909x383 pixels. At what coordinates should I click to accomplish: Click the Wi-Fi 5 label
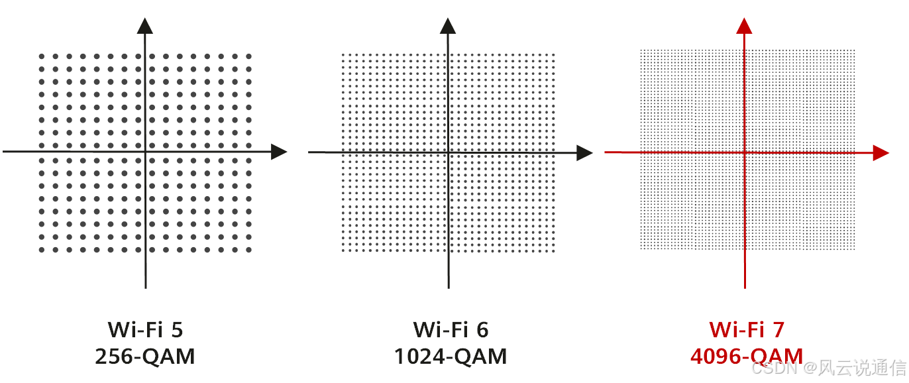(144, 329)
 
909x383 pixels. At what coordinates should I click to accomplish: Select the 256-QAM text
(144, 356)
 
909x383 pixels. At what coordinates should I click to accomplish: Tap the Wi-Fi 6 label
(451, 329)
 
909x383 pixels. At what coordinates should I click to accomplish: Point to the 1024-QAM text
(451, 356)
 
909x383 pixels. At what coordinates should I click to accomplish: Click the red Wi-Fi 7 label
(747, 329)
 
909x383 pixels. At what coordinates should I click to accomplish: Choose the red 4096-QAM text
(747, 356)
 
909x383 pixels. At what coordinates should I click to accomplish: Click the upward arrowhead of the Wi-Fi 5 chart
(145, 26)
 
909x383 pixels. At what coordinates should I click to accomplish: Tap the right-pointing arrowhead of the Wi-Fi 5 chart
(279, 152)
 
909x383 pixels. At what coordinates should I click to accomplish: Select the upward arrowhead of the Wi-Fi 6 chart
(448, 26)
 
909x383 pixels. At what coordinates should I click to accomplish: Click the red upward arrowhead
(745, 26)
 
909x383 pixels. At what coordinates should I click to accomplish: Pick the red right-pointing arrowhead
(881, 152)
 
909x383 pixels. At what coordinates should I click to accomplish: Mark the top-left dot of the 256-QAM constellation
(42, 56)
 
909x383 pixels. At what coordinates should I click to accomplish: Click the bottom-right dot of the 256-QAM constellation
(249, 250)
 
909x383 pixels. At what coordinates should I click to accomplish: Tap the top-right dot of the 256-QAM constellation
(249, 56)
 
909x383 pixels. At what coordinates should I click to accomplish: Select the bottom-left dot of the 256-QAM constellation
(42, 250)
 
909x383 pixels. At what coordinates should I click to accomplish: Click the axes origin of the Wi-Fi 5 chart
(145, 152)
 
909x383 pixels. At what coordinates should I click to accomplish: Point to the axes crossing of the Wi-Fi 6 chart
(448, 152)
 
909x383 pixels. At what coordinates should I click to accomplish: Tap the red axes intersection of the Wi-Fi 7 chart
(745, 152)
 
